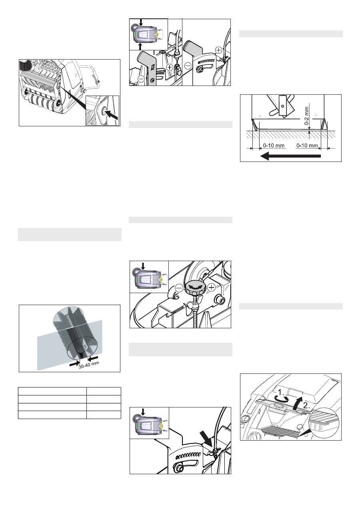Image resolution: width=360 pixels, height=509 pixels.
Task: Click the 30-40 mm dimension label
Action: [x=89, y=365]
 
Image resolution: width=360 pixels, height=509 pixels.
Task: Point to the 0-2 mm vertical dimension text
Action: [x=306, y=116]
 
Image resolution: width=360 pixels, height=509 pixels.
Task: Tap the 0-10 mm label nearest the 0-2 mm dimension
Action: [x=307, y=145]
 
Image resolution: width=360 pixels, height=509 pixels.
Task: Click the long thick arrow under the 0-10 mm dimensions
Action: [x=290, y=156]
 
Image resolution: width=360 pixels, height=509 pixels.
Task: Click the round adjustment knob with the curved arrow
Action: [x=195, y=288]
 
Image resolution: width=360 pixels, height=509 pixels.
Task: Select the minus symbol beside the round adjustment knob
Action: [x=179, y=288]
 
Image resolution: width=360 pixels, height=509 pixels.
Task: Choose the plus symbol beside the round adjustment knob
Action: [x=212, y=287]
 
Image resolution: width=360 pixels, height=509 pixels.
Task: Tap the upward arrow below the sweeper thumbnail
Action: [x=140, y=47]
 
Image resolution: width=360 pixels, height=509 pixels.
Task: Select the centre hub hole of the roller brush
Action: [x=82, y=349]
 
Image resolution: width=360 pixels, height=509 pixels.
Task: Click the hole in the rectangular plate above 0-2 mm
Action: [x=282, y=106]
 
